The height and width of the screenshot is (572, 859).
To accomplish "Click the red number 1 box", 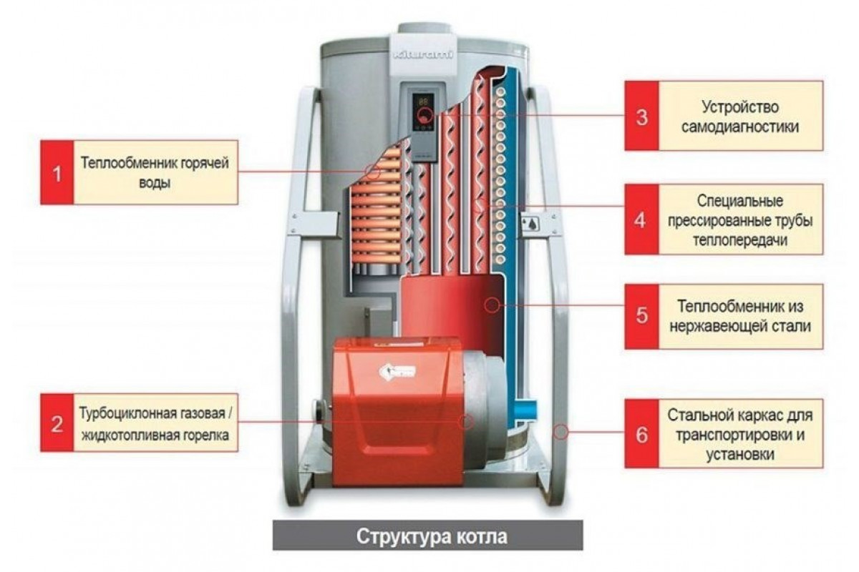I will click(x=57, y=172).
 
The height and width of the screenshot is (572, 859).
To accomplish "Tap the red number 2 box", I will click(x=57, y=422).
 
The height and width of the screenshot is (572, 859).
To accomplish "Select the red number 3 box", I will click(x=641, y=116).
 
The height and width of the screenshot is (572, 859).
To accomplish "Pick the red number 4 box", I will click(x=641, y=219).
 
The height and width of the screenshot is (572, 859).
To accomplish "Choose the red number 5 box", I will click(x=641, y=315).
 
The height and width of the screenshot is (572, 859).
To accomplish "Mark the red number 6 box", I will click(x=641, y=433).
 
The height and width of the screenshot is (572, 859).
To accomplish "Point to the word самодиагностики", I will click(x=740, y=127).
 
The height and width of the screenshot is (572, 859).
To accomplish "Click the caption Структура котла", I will click(x=427, y=536).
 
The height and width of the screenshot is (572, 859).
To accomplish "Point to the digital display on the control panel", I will click(x=424, y=101).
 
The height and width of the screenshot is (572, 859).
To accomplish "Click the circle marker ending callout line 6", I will click(x=560, y=432).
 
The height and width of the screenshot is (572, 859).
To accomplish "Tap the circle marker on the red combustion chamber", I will click(x=492, y=305).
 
